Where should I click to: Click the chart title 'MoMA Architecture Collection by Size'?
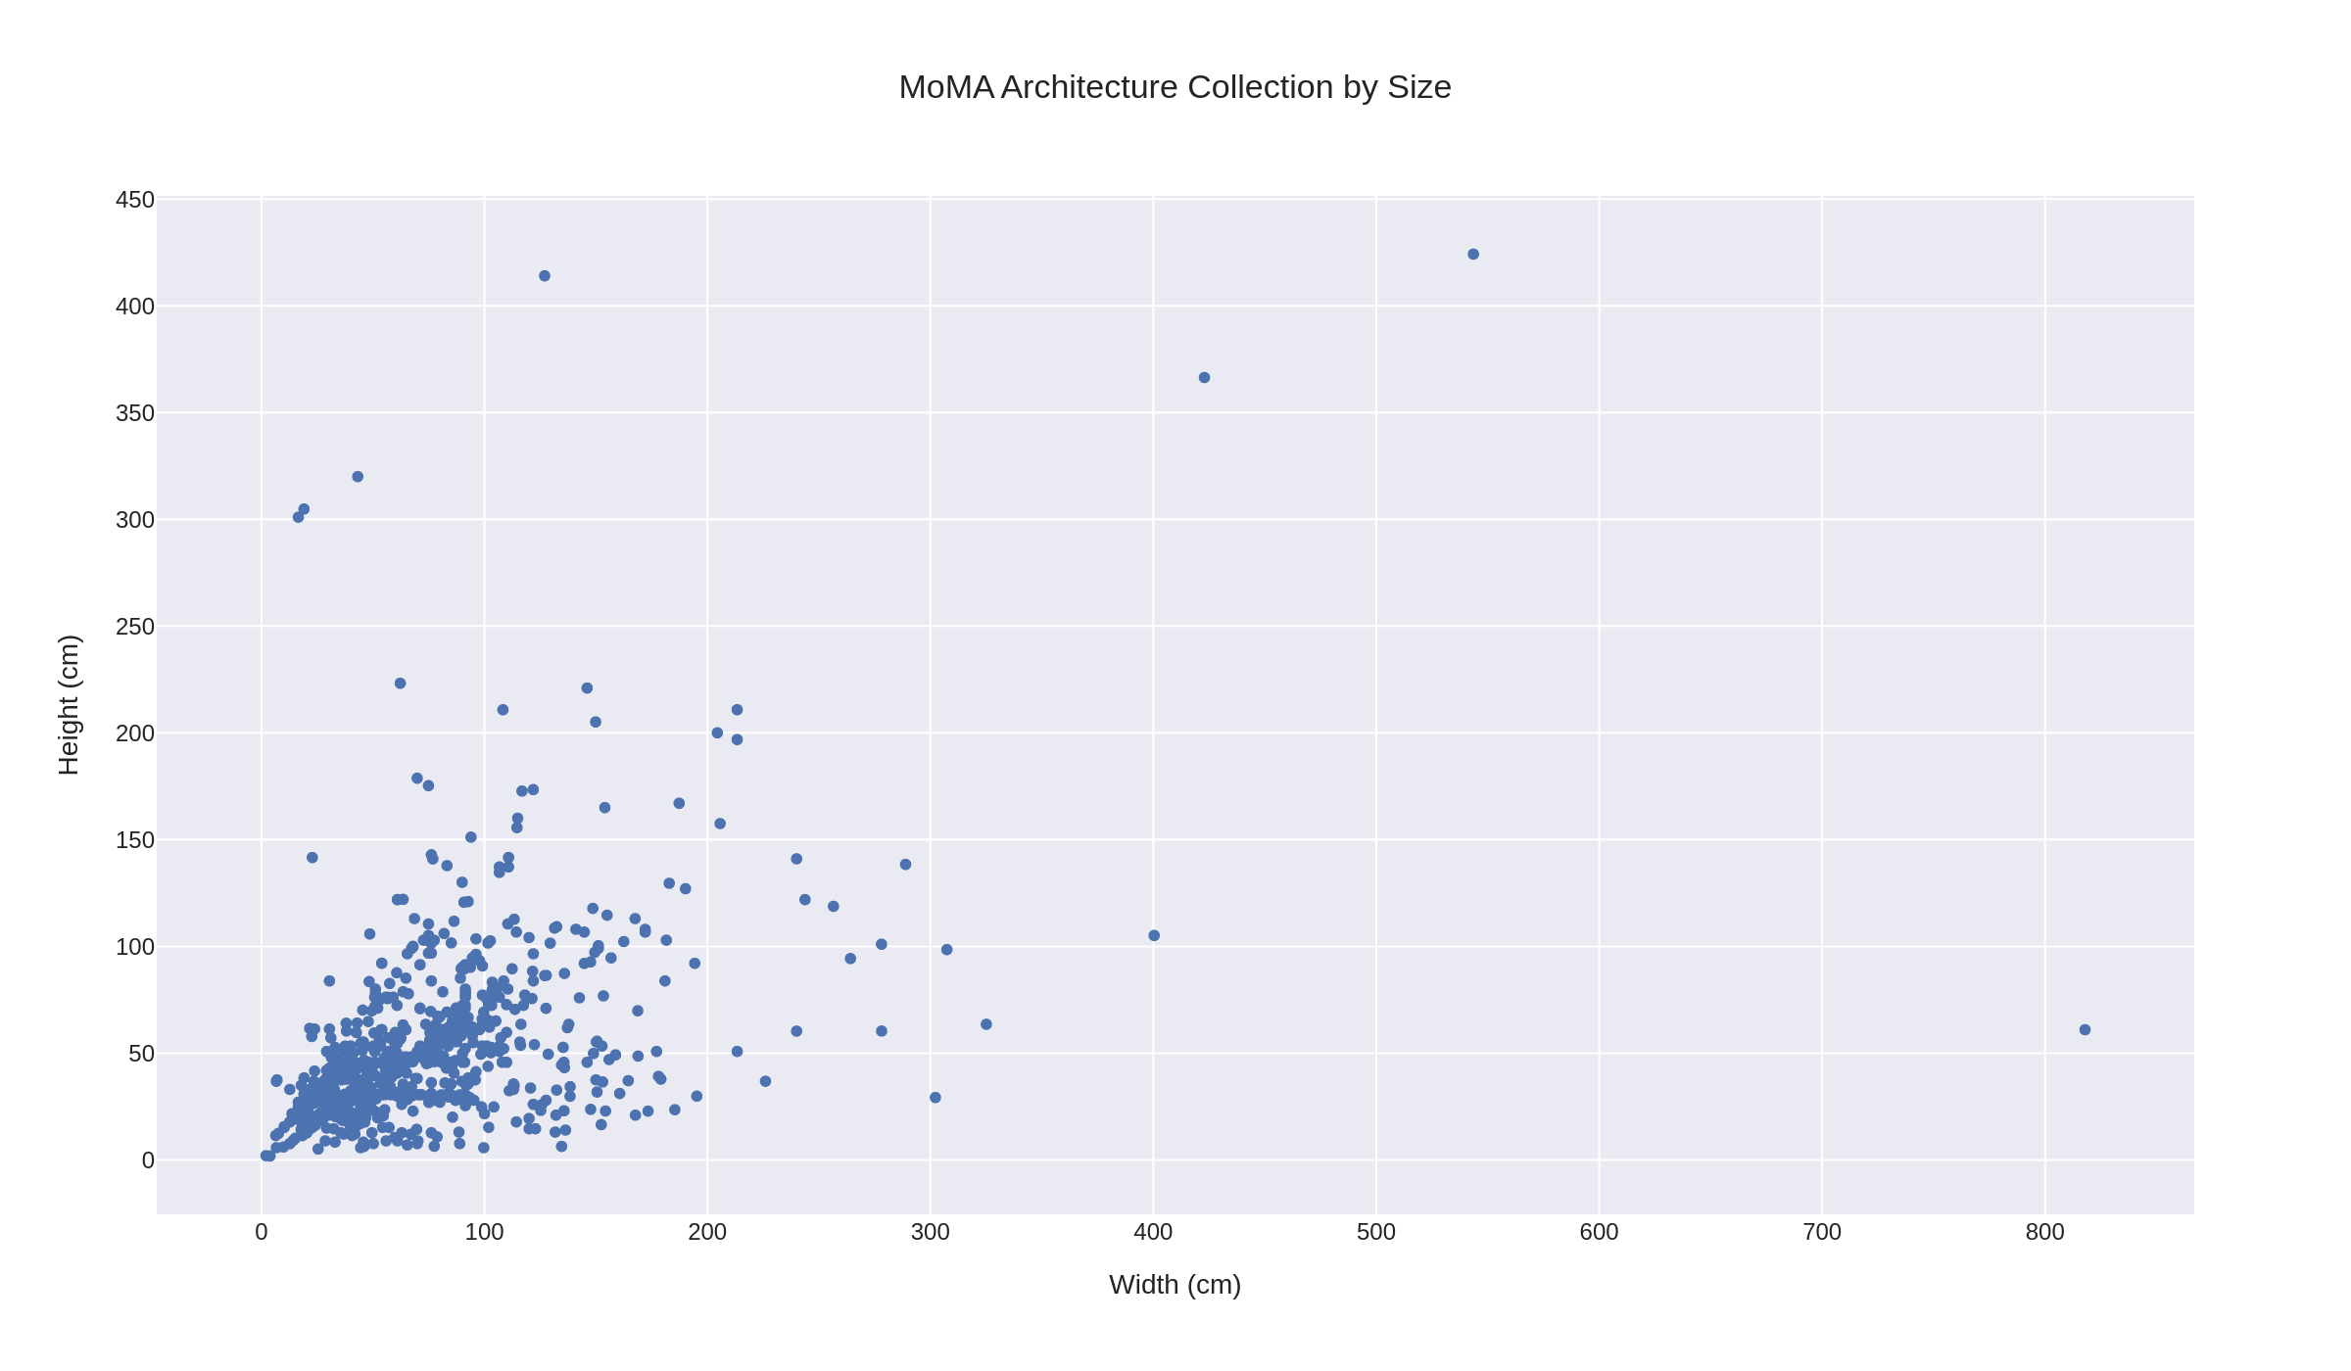pos(1175,87)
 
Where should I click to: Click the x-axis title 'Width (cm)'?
pos(1175,1285)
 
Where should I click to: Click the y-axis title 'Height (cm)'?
pos(69,705)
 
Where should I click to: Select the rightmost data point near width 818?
pos(2085,1029)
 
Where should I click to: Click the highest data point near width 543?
pos(1473,255)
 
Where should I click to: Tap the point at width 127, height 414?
pos(545,276)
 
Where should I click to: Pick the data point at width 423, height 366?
pos(1204,378)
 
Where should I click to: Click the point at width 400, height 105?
pos(1154,936)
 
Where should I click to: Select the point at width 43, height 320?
pos(358,477)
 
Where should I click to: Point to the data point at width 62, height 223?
pos(400,684)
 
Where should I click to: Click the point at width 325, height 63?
pos(986,1024)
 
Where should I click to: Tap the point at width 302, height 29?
pos(935,1098)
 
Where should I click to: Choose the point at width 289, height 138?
pos(905,865)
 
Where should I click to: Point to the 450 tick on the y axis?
pos(135,200)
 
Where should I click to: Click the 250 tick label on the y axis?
pos(135,627)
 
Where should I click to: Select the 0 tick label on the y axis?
pos(148,1160)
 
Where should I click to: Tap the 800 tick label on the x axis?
pos(2044,1233)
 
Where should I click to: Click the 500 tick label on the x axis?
pos(1375,1233)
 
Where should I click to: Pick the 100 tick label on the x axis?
pos(484,1233)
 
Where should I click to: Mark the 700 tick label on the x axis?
pos(1821,1233)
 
